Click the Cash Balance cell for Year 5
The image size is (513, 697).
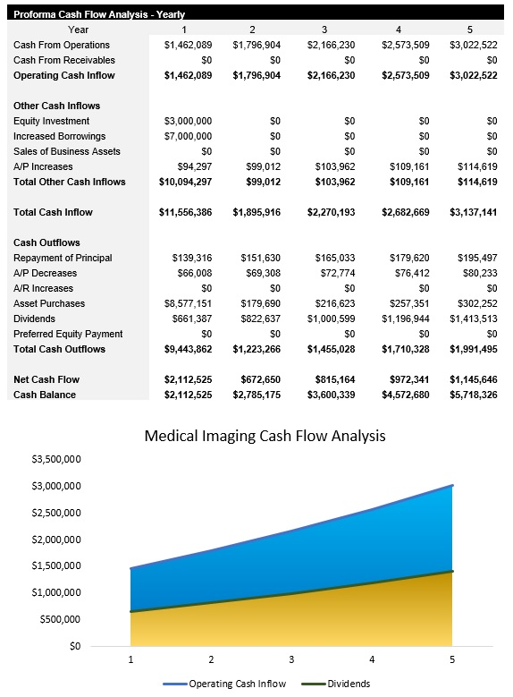point(473,395)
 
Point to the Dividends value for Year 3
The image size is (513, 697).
point(329,319)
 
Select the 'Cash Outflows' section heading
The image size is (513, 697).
point(46,242)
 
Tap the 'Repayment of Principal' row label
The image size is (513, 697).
point(63,258)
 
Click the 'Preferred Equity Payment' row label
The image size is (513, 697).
point(68,334)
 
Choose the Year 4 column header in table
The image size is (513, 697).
point(399,30)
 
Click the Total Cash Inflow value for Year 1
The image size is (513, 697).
point(186,212)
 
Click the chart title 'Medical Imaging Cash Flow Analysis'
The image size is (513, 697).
point(265,437)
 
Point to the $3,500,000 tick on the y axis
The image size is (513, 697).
point(56,459)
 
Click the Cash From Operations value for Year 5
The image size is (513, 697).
point(473,45)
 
